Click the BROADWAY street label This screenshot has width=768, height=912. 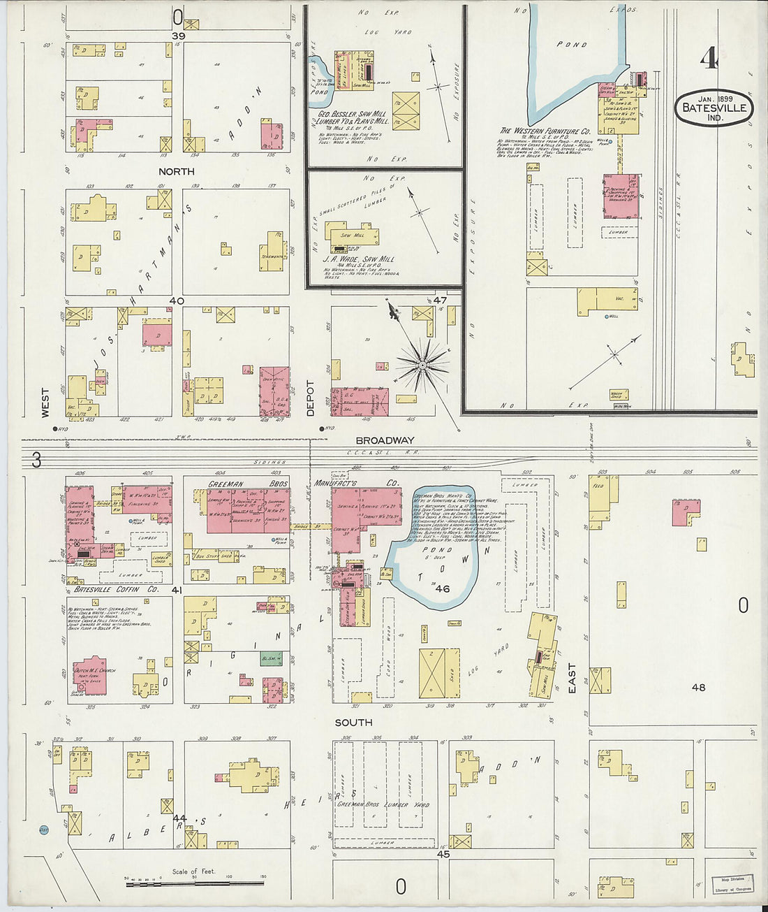385,440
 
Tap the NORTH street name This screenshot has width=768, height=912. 176,171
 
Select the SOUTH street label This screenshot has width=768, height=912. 353,723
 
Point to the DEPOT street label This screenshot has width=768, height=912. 311,398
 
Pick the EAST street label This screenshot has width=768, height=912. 573,679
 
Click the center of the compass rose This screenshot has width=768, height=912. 422,365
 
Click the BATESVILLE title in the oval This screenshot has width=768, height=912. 715,108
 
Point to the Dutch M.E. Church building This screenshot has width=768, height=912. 90,675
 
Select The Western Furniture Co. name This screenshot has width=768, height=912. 545,131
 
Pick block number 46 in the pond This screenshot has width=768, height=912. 442,588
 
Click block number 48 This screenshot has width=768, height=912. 698,687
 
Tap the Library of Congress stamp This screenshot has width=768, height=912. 732,885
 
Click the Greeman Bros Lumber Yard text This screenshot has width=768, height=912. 383,804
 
